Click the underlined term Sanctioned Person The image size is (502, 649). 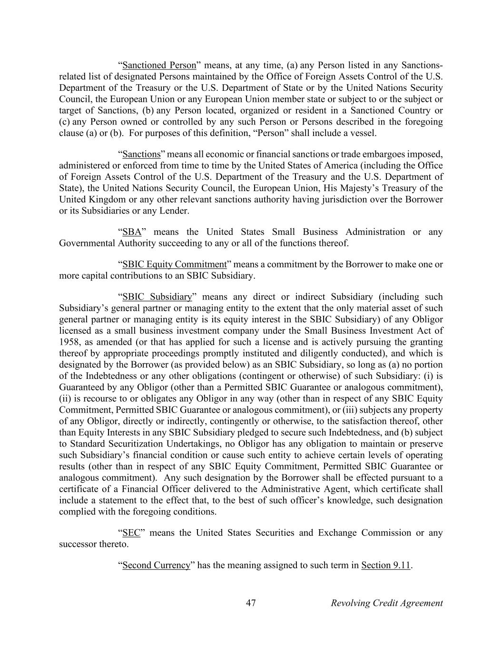point(159,65)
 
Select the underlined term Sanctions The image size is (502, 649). point(141,154)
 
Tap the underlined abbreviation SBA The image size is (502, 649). point(132,232)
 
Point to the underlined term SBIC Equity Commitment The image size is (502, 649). point(174,264)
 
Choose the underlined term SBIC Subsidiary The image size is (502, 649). point(157,297)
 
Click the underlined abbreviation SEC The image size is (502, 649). point(131,533)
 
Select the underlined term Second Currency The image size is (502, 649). point(156,565)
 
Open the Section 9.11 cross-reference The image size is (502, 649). point(385,565)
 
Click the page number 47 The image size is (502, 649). point(251,603)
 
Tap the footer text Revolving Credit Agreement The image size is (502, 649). point(386,603)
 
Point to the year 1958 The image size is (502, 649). point(69,342)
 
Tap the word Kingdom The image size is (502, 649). point(106,200)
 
